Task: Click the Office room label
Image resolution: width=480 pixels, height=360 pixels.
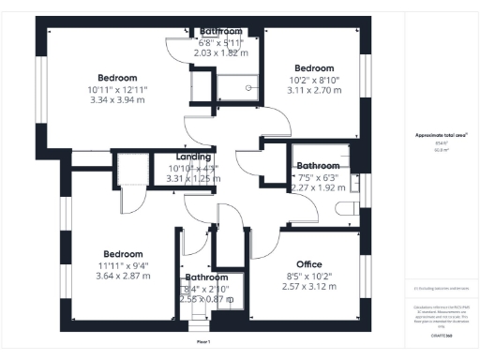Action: [x=308, y=263]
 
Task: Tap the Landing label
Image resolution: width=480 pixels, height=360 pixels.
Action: [x=193, y=157]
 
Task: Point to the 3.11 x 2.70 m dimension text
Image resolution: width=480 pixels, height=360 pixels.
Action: [x=314, y=92]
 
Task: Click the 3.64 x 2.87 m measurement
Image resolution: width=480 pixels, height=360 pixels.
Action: [x=123, y=278]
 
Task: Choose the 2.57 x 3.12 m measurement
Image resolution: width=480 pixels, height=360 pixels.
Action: [x=308, y=287]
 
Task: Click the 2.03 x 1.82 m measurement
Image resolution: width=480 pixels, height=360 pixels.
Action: [x=220, y=53]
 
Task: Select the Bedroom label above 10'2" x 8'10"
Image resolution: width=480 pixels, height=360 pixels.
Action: [x=314, y=68]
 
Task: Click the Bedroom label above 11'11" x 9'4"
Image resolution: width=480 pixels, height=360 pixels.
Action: [x=123, y=254]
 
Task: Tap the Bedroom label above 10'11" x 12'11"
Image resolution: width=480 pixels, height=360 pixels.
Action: [x=117, y=77]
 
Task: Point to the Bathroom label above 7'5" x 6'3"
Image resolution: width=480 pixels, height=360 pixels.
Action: [x=318, y=165]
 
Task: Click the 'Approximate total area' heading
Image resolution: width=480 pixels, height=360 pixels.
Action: [x=442, y=135]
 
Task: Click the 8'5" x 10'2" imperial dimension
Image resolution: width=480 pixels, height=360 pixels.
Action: [x=308, y=276]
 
